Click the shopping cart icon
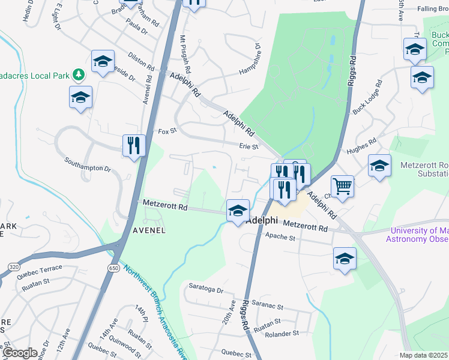point(342,185)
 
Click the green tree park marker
point(78,75)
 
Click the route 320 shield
point(13,265)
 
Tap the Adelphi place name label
point(265,219)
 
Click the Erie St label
point(248,146)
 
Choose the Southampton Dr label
point(88,165)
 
